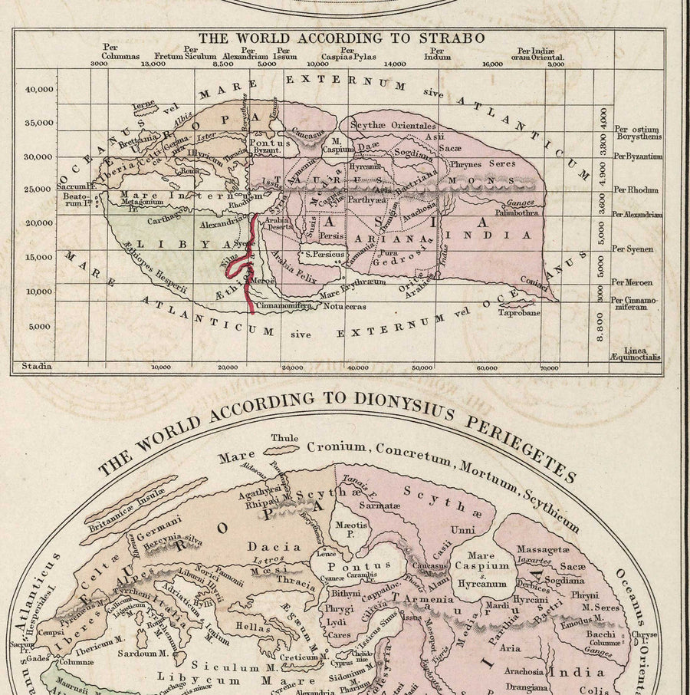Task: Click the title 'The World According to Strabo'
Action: tap(342, 38)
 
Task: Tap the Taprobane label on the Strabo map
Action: tap(519, 312)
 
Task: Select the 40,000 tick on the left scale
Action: tap(39, 89)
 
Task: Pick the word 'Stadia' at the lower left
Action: tap(37, 367)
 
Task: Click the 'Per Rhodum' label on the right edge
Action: tap(637, 189)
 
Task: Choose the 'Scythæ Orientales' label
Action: tap(393, 125)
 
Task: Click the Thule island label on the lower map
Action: tap(284, 439)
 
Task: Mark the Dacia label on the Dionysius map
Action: tap(273, 547)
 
